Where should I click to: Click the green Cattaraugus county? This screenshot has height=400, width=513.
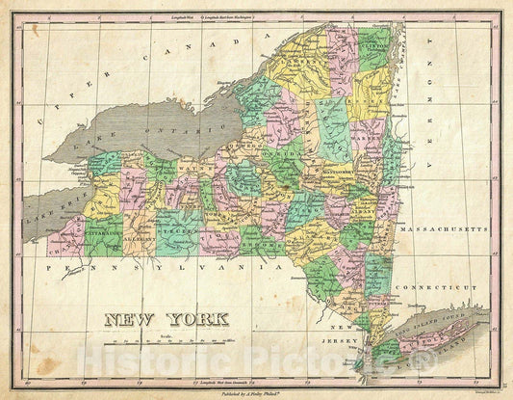point(100,236)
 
